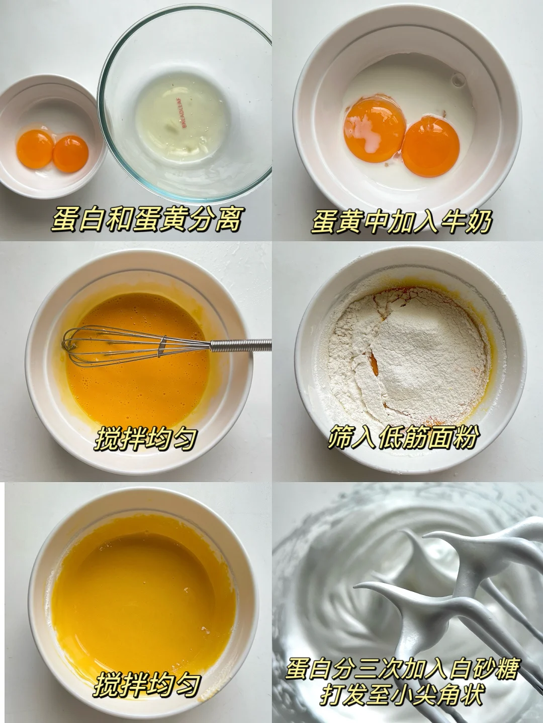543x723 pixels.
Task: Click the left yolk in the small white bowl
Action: (35, 149)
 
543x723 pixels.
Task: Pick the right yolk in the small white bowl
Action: (70, 154)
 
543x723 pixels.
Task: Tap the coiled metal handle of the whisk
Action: (241, 344)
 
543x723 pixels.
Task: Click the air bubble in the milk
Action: (458, 79)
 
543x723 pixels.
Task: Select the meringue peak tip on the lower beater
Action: (356, 587)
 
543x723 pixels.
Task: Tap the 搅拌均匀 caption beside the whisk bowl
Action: (146, 439)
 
